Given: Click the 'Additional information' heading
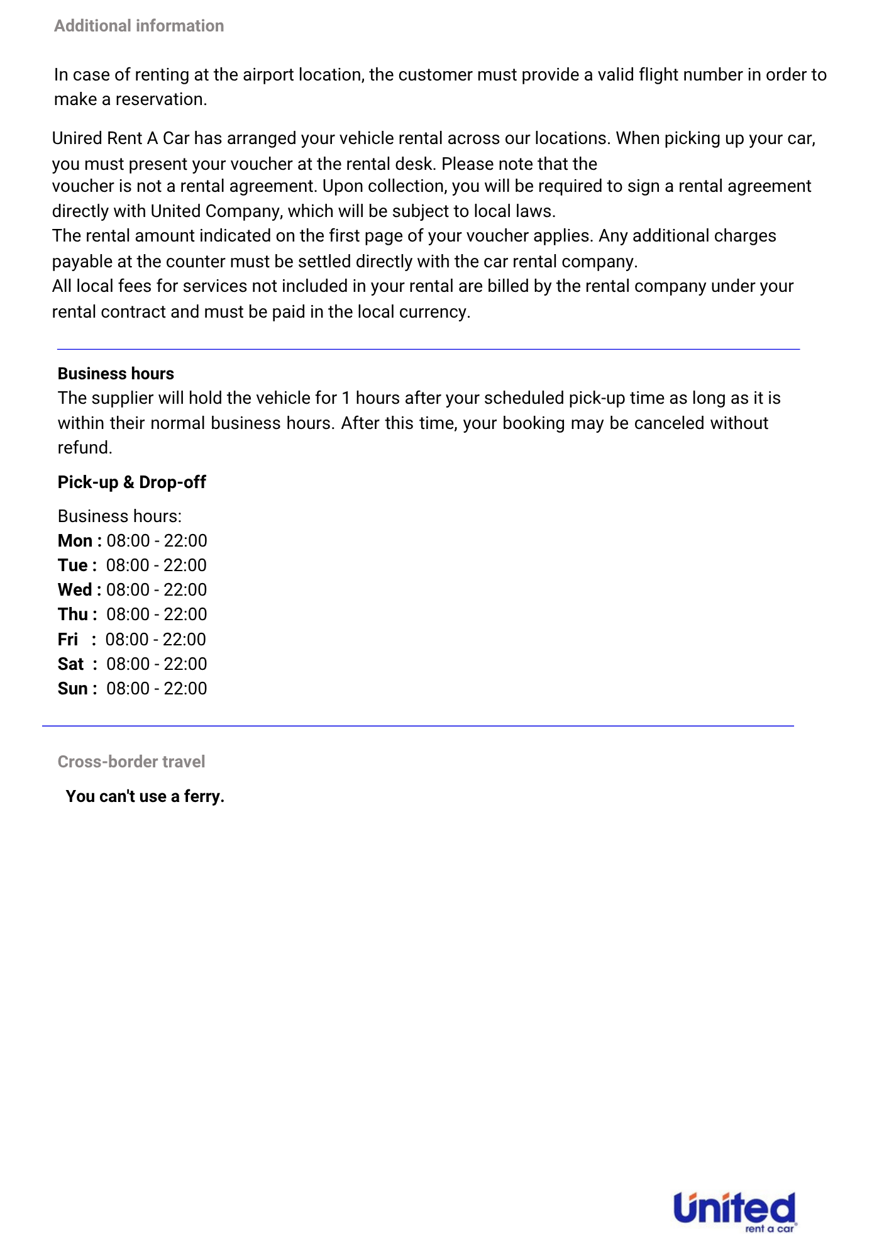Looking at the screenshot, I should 139,26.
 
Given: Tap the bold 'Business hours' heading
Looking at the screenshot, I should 116,374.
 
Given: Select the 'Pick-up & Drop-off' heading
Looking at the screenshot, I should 131,482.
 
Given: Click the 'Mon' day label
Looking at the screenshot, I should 75,541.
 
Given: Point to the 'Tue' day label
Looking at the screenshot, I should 72,565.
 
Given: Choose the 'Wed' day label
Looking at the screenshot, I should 75,590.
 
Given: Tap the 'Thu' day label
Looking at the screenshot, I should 73,615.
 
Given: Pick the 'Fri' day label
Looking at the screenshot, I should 68,640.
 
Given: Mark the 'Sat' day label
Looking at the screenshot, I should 70,664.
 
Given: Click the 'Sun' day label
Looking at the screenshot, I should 72,689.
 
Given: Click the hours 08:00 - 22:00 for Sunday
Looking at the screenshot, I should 157,689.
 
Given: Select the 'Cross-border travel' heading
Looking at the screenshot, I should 131,762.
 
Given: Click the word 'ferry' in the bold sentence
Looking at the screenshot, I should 202,796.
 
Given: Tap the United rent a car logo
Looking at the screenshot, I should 734,1211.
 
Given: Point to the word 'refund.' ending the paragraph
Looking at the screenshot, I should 85,448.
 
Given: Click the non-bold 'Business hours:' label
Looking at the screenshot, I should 119,516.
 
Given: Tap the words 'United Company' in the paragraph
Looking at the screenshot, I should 216,211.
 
